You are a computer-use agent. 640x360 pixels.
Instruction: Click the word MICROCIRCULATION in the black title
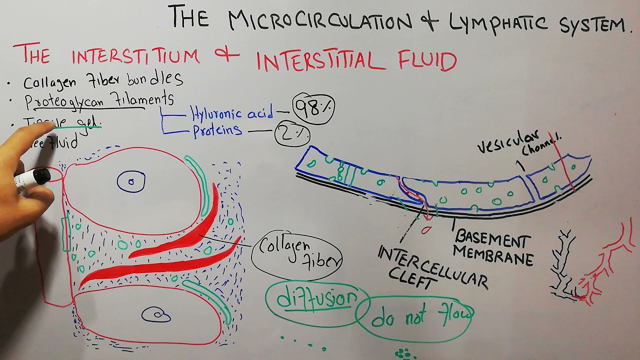click(320, 21)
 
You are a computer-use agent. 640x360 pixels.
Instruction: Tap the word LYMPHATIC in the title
click(500, 24)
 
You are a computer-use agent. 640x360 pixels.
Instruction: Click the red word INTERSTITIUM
click(135, 55)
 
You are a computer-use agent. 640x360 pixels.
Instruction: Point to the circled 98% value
click(313, 107)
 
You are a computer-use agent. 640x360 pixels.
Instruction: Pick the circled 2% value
click(292, 134)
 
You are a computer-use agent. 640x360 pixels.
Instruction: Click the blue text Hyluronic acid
click(231, 114)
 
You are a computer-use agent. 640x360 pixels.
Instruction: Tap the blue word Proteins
click(217, 131)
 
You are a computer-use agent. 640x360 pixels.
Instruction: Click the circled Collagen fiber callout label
click(296, 254)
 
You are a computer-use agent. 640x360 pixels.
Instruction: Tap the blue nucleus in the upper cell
click(131, 181)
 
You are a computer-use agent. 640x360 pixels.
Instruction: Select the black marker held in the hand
click(32, 178)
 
